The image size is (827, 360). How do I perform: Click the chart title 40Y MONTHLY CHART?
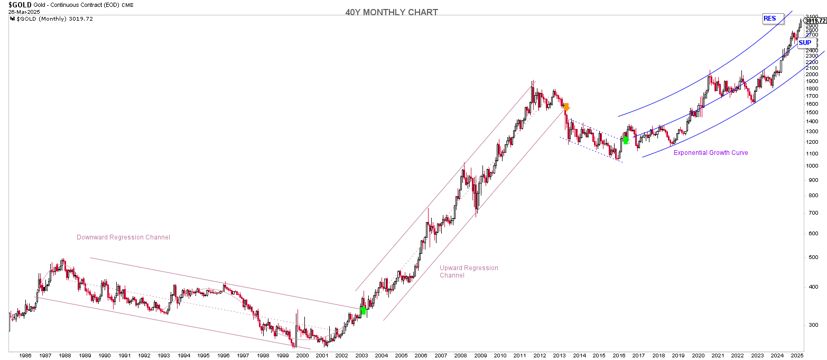pos(391,13)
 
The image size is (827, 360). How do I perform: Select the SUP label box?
pos(805,43)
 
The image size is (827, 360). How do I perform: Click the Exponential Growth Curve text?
pos(711,153)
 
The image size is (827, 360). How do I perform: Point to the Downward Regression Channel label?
pos(123,237)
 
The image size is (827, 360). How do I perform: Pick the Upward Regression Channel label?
pos(469,272)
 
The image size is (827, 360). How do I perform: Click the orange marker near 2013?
pos(566,107)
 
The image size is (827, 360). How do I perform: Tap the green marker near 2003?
pos(363,310)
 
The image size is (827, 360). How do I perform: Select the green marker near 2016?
pos(626,140)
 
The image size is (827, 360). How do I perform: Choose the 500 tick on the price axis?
pos(812,257)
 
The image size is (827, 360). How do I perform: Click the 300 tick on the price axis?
pos(812,325)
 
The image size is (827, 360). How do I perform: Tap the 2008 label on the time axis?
pos(460,356)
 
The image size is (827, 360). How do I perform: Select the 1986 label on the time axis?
pos(26,356)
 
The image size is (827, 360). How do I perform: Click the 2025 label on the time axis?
pos(797,356)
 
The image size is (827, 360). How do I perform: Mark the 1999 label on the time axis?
pos(282,356)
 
